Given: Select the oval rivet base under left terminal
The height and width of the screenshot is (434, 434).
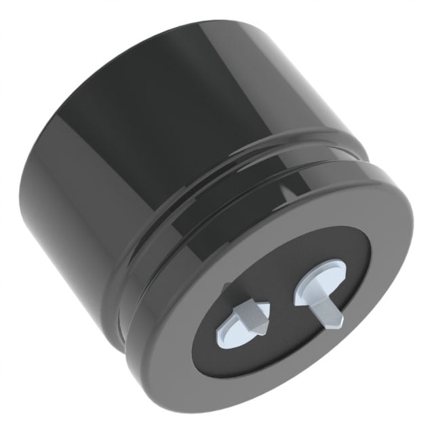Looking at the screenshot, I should [234, 329].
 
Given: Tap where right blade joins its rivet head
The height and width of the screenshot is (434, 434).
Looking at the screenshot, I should [319, 285].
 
